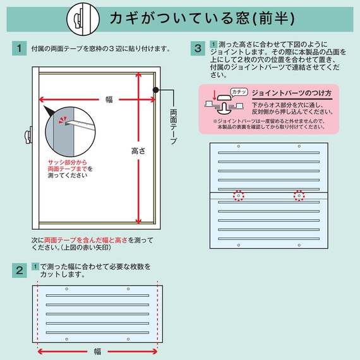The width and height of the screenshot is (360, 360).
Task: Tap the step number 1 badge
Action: pos(19,49)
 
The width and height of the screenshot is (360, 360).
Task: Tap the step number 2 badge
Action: pos(19,271)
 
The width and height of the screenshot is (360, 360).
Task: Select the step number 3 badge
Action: pos(197,49)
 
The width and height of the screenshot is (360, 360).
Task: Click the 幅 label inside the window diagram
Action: pos(109,99)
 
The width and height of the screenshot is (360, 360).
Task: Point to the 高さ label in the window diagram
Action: pos(138,151)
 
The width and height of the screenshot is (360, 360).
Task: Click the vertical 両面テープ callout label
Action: pos(174,126)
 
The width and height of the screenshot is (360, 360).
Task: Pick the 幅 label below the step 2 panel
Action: pos(97,351)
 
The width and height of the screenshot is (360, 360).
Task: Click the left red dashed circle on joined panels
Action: pos(238,195)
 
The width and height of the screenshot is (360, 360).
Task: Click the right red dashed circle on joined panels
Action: pos(298,195)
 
